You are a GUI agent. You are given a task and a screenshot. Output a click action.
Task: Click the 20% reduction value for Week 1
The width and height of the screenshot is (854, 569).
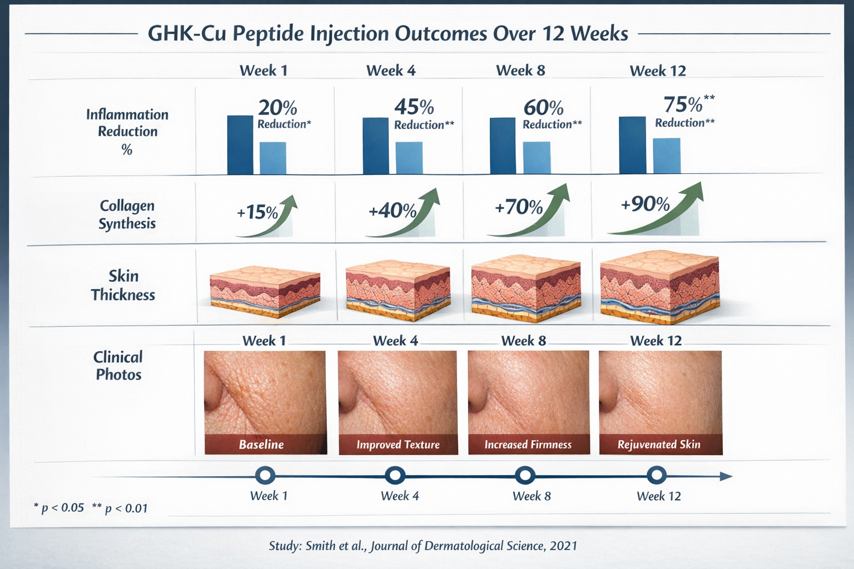(277, 107)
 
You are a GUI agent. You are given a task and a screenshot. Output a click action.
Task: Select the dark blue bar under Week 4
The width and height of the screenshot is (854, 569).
(375, 146)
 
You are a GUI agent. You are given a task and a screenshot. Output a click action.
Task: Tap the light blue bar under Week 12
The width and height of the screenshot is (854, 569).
(666, 156)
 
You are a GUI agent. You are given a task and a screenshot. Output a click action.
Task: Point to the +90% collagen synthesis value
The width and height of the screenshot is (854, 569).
(645, 204)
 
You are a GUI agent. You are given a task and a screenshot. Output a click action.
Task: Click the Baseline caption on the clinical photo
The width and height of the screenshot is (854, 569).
(261, 445)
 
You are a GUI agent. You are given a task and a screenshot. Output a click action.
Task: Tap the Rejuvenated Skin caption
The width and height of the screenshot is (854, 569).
(659, 445)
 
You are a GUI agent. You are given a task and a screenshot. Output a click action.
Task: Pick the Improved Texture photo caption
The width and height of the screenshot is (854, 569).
(398, 445)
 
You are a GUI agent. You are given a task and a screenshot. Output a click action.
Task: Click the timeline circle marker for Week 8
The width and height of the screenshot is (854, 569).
(525, 476)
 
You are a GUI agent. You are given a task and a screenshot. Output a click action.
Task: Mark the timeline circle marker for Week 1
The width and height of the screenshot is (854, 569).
(265, 476)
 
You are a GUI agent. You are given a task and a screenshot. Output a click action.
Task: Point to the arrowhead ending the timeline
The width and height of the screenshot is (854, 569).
(726, 476)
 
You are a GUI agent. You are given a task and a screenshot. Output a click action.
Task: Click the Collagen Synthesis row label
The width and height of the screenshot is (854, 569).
(127, 214)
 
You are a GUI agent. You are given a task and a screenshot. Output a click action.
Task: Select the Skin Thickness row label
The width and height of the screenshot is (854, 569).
(123, 285)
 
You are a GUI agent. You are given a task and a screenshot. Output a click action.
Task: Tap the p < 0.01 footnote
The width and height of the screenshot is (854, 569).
(120, 508)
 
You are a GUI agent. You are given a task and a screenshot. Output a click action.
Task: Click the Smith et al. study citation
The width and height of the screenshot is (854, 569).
(423, 546)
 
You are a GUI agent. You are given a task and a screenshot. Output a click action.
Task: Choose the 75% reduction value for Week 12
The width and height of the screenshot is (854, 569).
(683, 104)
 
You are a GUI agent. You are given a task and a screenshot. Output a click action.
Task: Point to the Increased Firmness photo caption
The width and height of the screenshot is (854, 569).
(528, 445)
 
